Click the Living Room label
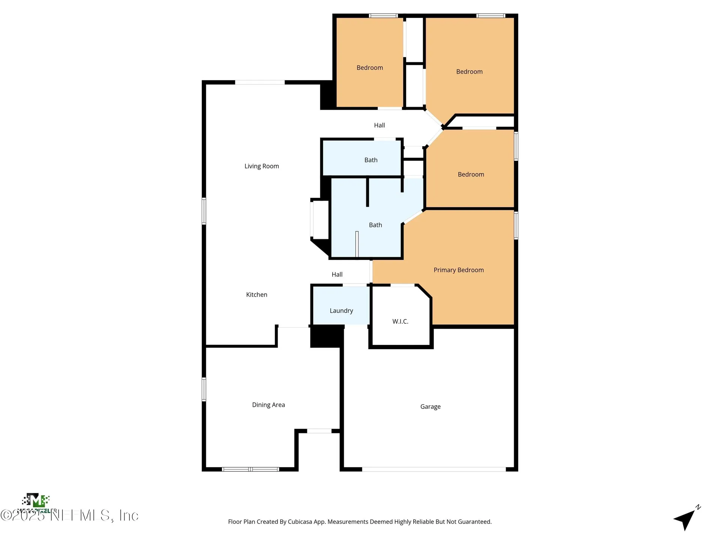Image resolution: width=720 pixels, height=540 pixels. [x=261, y=166]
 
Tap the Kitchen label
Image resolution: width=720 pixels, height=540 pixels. [x=256, y=295]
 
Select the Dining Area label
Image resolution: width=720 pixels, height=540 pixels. [x=268, y=405]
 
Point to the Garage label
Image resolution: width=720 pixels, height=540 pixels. [x=430, y=406]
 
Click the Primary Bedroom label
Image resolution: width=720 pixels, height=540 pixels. [x=458, y=270]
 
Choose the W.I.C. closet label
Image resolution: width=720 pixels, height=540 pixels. [x=400, y=321]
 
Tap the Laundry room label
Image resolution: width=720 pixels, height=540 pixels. [x=341, y=310]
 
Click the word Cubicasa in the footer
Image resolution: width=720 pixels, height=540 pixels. [x=300, y=522]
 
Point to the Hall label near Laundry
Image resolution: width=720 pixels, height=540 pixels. [x=337, y=274]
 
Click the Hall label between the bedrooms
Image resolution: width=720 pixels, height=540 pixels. [x=379, y=125]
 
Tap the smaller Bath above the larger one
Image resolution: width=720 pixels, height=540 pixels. [x=370, y=160]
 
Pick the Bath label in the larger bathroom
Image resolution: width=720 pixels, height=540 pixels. [x=375, y=225]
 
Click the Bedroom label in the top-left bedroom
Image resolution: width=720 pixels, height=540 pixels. [x=369, y=68]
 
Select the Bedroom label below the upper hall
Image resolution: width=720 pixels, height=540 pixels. [x=471, y=174]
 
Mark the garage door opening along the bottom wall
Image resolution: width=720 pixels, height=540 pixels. [x=433, y=469]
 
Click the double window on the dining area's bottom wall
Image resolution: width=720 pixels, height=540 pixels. [x=250, y=469]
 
